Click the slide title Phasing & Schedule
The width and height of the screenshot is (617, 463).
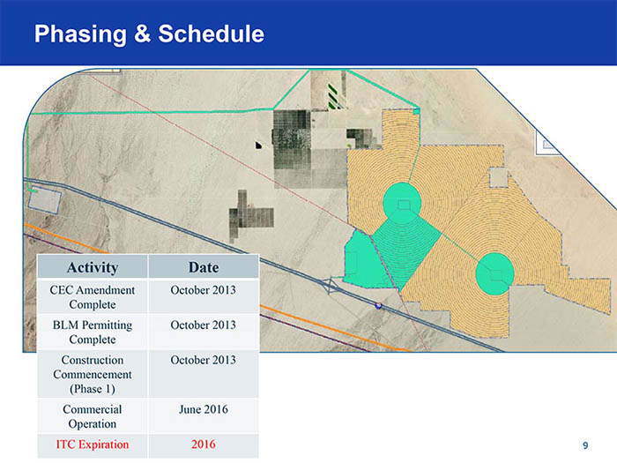pyautogui.click(x=149, y=34)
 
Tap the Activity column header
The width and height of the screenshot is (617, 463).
pyautogui.click(x=93, y=267)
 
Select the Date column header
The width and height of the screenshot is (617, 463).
pyautogui.click(x=204, y=267)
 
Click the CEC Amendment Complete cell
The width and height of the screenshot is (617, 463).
pyautogui.click(x=93, y=297)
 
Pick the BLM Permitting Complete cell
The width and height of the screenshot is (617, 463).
pyautogui.click(x=93, y=332)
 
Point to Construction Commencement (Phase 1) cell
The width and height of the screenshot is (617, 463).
pyautogui.click(x=93, y=374)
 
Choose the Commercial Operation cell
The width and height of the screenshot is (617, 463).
pyautogui.click(x=93, y=416)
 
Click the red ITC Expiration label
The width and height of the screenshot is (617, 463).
pyautogui.click(x=93, y=444)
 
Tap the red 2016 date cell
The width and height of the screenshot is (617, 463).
pyautogui.click(x=204, y=444)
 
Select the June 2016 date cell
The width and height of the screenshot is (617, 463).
pyautogui.click(x=204, y=409)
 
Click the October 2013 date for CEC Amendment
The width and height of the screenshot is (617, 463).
pyautogui.click(x=204, y=290)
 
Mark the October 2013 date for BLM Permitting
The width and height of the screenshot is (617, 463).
pyautogui.click(x=204, y=325)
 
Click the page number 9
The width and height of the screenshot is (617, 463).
pyautogui.click(x=585, y=445)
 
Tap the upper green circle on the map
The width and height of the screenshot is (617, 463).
pyautogui.click(x=402, y=203)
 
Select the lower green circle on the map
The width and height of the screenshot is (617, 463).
pyautogui.click(x=495, y=274)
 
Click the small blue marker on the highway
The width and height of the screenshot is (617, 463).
pyautogui.click(x=378, y=305)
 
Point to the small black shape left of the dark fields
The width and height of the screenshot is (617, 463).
pyautogui.click(x=258, y=146)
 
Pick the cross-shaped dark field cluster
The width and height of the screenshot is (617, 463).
pyautogui.click(x=249, y=216)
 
